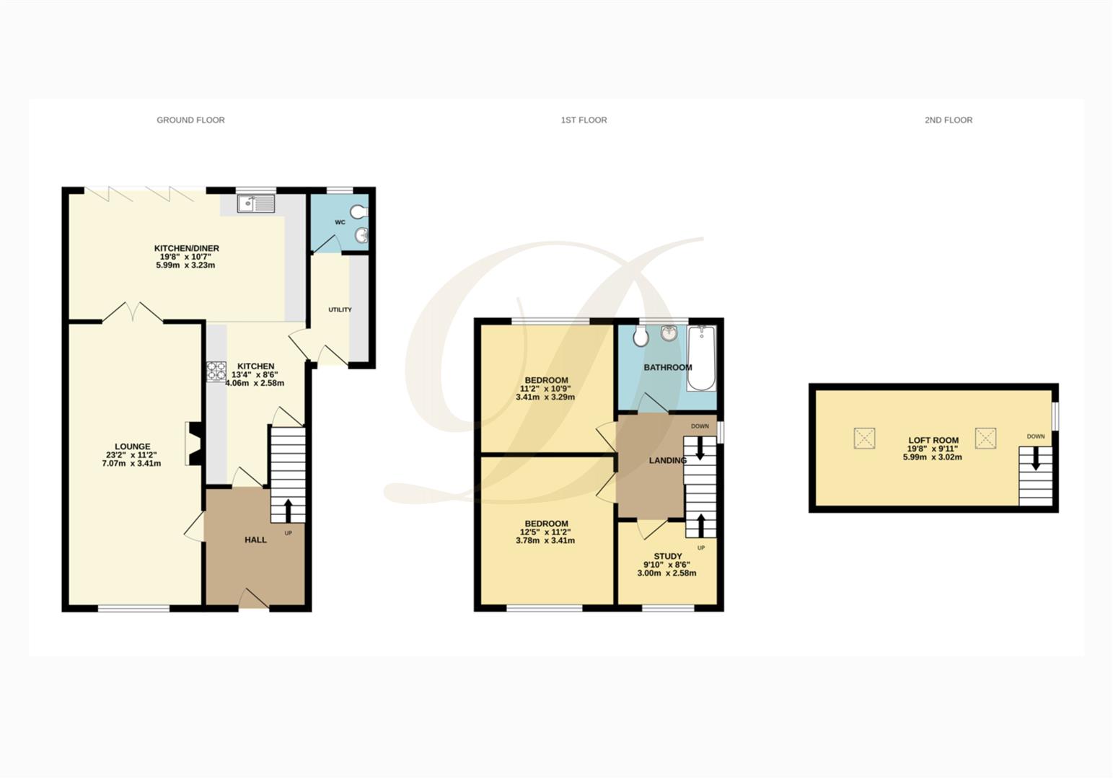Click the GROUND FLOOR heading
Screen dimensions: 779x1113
pos(190,120)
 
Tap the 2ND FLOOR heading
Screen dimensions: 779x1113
pos(948,120)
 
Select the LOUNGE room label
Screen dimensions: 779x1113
pos(132,446)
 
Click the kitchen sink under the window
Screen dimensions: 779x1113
pos(256,204)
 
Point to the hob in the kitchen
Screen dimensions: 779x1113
pos(216,371)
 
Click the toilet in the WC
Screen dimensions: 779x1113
pos(359,211)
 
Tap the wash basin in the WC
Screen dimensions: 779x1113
pos(362,235)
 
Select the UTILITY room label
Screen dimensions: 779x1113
pos(340,309)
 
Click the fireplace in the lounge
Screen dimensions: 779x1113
pos(193,444)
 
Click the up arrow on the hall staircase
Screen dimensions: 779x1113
pos(289,509)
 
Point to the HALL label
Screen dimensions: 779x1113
pos(255,540)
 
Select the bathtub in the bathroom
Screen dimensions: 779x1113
pos(701,358)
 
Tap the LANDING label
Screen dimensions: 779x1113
pos(667,460)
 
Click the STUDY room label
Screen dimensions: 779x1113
pos(667,556)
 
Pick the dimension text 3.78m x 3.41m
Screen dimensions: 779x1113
pos(545,540)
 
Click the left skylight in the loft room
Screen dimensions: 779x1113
pos(864,438)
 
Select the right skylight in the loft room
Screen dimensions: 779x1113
pos(985,438)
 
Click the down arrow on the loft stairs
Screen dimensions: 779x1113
pos(1036,459)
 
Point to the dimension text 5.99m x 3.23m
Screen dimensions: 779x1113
pos(185,265)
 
